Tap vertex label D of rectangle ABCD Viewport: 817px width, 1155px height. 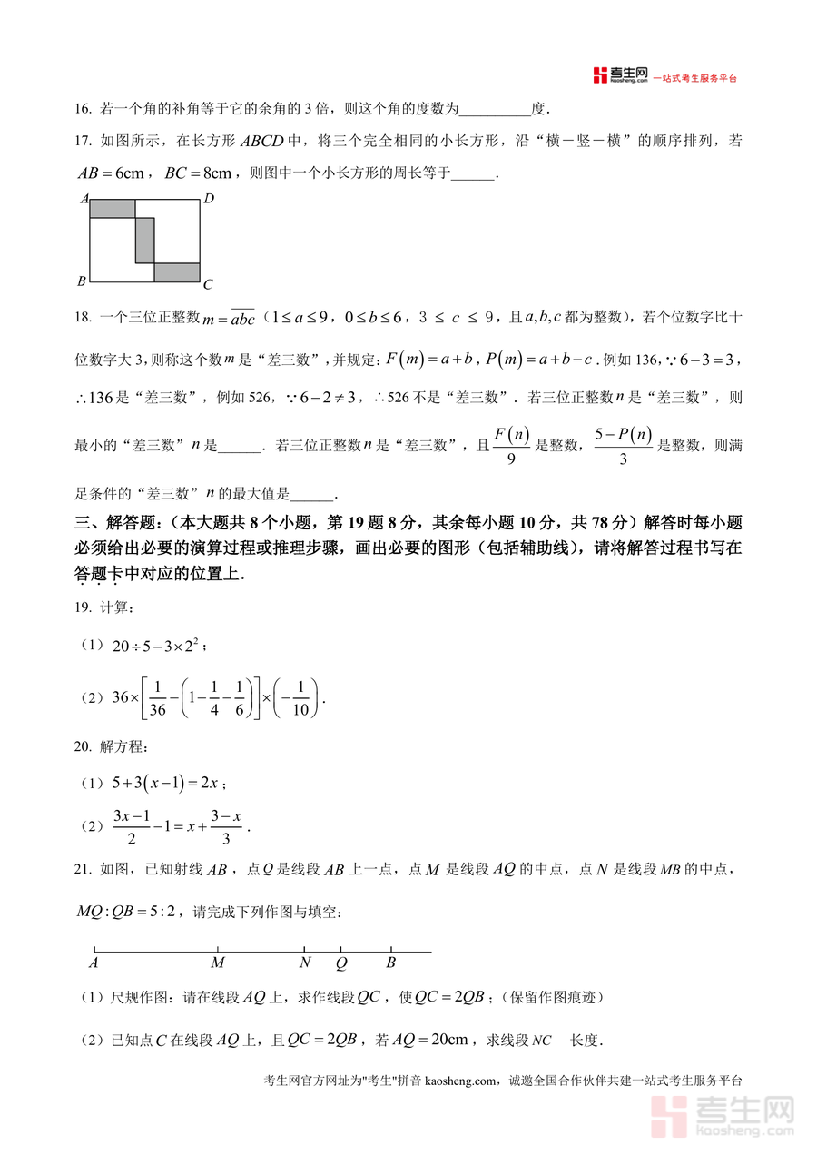click(x=208, y=199)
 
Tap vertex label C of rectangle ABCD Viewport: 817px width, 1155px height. click(x=208, y=285)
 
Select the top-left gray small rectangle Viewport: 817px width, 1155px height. click(x=112, y=209)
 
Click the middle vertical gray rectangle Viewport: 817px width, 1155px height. click(x=144, y=240)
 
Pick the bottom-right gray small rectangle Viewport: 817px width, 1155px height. click(x=176, y=272)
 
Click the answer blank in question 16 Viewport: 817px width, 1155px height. click(x=496, y=110)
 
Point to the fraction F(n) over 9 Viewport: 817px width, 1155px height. click(x=511, y=445)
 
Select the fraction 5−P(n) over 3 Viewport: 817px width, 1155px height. click(x=624, y=445)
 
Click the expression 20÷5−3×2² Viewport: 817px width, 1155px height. click(x=160, y=647)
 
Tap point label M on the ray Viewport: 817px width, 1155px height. click(x=218, y=963)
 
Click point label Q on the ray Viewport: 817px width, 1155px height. click(x=341, y=963)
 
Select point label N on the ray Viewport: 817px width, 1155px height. click(x=305, y=963)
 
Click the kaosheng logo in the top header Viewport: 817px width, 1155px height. click(x=621, y=76)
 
